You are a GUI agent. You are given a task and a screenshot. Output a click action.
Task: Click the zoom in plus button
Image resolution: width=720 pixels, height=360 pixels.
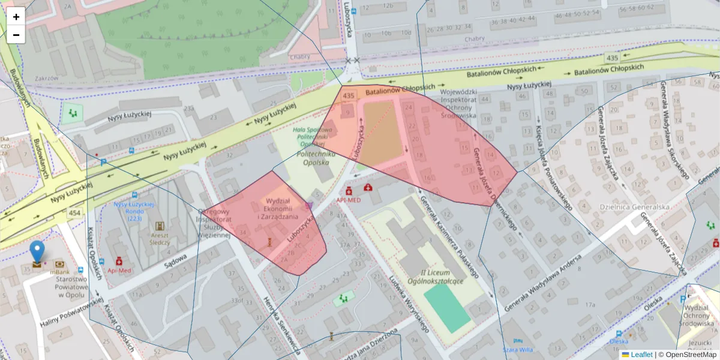point(16,17)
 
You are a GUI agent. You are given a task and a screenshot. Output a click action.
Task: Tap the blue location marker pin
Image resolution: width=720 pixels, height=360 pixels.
point(37,252)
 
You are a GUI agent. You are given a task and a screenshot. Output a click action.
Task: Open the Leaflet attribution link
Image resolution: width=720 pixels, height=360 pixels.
point(641,355)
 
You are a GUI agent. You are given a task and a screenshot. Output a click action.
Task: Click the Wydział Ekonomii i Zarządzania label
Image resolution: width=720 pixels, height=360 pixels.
point(278,209)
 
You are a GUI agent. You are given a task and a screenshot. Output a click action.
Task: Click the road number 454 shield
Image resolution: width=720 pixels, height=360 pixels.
point(75,213)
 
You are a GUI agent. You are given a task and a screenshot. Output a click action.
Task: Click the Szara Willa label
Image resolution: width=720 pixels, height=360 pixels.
point(518,349)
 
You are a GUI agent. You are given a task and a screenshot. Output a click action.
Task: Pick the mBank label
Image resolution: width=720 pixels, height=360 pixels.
point(61,272)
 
